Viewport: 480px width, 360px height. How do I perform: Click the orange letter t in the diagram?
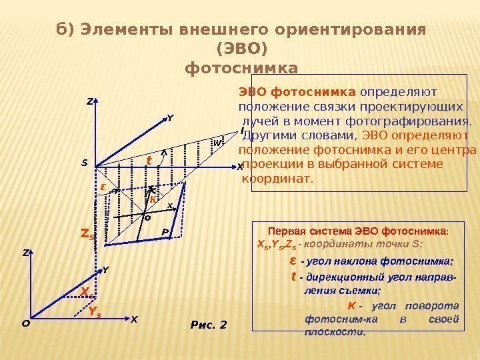tap(149, 160)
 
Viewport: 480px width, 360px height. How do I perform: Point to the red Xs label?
tap(85, 291)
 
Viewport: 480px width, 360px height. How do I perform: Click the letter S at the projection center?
tap(85, 162)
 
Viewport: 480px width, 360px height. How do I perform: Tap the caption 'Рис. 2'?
tap(209, 325)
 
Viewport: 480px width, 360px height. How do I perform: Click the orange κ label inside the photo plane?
tap(153, 199)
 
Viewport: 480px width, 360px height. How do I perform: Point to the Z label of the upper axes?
tap(89, 102)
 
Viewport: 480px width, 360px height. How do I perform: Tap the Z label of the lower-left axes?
tap(26, 253)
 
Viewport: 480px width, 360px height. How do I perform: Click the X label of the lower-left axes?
tap(133, 319)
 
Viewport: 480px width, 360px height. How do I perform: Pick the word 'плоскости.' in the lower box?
tap(335, 331)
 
